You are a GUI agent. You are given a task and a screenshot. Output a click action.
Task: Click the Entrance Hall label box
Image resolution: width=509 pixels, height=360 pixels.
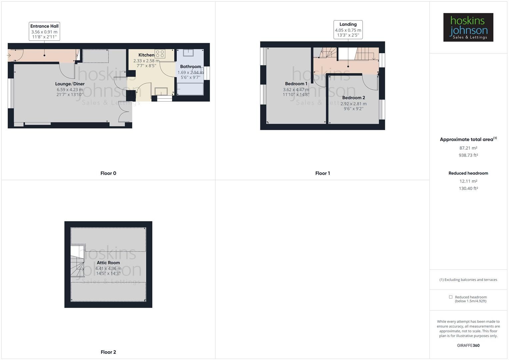click(x=44, y=31)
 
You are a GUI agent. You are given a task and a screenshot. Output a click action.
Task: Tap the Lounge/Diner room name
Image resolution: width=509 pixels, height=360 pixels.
click(x=70, y=84)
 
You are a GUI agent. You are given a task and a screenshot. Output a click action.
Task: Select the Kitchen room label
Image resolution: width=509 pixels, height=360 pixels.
click(x=146, y=55)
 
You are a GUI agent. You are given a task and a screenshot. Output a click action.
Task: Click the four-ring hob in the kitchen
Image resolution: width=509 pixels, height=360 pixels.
click(x=160, y=54)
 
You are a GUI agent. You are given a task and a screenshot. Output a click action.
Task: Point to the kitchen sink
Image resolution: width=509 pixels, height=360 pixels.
click(x=161, y=91)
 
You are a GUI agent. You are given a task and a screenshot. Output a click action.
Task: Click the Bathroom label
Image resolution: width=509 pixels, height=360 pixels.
click(x=190, y=67)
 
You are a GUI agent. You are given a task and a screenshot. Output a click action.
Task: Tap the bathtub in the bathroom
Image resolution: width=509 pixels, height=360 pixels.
click(x=190, y=89)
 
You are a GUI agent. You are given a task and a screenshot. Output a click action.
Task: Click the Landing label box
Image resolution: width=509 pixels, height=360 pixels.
click(x=348, y=30)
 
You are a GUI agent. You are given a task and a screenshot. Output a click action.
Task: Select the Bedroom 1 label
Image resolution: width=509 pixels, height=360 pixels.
click(x=296, y=84)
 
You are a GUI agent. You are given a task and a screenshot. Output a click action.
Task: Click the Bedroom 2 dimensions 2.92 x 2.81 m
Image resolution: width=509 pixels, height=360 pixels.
click(x=353, y=104)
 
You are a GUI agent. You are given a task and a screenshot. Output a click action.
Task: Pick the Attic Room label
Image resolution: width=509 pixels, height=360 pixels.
click(x=108, y=263)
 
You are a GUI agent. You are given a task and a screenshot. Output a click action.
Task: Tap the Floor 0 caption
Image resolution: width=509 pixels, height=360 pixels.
click(x=108, y=173)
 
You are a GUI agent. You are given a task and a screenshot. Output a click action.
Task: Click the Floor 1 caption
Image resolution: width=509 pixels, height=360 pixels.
click(x=322, y=173)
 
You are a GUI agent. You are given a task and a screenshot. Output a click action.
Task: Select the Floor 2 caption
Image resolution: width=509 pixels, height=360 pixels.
click(x=108, y=352)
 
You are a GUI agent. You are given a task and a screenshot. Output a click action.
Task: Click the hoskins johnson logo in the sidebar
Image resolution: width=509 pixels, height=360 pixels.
click(x=468, y=27)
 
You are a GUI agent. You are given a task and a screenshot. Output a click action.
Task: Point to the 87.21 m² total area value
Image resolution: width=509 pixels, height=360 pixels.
click(x=468, y=148)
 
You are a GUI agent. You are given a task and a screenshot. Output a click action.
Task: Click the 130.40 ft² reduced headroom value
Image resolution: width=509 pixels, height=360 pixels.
click(x=468, y=188)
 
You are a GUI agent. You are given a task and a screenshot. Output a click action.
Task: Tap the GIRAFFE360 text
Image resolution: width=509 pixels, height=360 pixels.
click(x=468, y=345)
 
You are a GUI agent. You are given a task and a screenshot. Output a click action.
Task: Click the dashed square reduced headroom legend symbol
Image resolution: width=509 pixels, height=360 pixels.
click(x=451, y=297)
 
